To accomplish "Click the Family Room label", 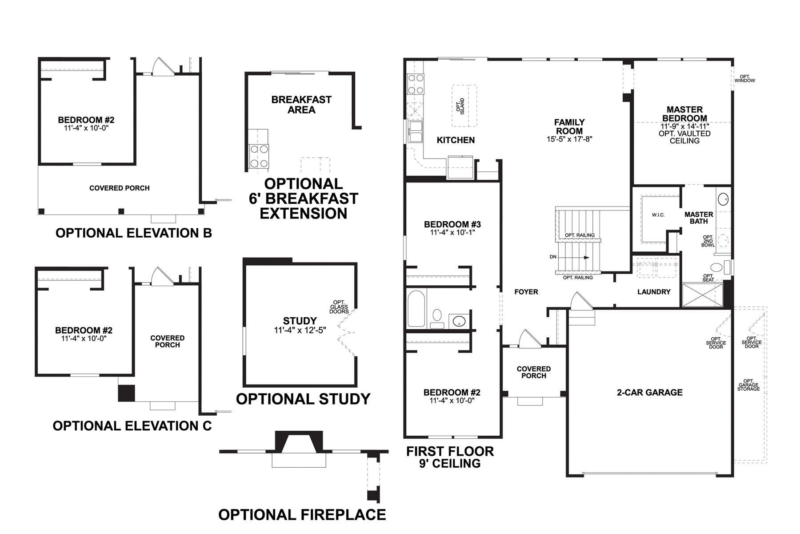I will click(x=569, y=127).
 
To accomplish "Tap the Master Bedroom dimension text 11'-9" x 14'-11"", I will click(x=684, y=126).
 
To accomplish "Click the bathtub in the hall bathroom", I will click(x=417, y=308).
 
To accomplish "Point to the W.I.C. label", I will click(x=658, y=215).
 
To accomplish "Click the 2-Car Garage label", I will click(x=649, y=392).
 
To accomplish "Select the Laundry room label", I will click(x=653, y=292).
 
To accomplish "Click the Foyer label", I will click(x=526, y=292).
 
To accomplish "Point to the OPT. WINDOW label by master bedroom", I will click(x=744, y=79).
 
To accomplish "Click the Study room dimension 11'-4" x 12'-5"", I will click(x=300, y=330).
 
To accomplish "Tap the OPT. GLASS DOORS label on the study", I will click(x=339, y=307).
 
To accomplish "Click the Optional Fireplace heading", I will click(x=302, y=514).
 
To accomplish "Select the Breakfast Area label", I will click(x=301, y=105).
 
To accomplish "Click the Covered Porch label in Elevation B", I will click(x=120, y=188).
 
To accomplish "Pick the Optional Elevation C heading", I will click(x=132, y=426).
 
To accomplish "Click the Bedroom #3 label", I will click(x=452, y=224).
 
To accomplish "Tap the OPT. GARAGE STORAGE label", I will click(x=748, y=385).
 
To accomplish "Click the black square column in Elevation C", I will click(x=126, y=393).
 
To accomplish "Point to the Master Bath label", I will click(x=699, y=218).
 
